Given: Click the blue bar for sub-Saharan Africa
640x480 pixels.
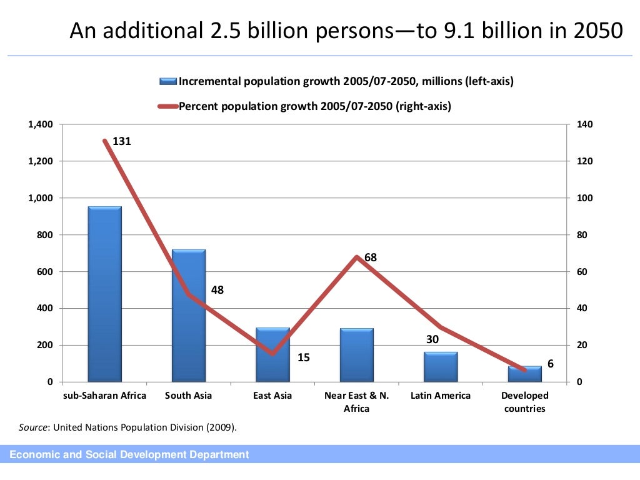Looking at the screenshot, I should (x=104, y=294).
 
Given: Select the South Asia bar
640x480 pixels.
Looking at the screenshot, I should (x=188, y=316).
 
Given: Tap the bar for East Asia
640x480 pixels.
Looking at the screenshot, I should (x=272, y=354).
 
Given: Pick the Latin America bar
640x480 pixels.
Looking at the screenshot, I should (x=440, y=367).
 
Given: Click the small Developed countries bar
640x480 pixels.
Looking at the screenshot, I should (x=524, y=374).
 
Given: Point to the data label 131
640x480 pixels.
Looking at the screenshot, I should (x=122, y=142).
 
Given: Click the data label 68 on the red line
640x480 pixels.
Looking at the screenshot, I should (x=371, y=257).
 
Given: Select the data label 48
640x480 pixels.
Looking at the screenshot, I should (x=217, y=290).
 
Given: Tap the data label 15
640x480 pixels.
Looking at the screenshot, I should (x=303, y=358).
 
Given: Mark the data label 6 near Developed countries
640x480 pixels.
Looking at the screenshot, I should (x=551, y=364).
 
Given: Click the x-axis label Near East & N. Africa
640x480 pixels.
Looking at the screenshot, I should (x=356, y=402).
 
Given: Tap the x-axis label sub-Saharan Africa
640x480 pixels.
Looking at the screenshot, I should (x=105, y=396).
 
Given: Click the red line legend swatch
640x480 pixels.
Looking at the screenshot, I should (x=168, y=106).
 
